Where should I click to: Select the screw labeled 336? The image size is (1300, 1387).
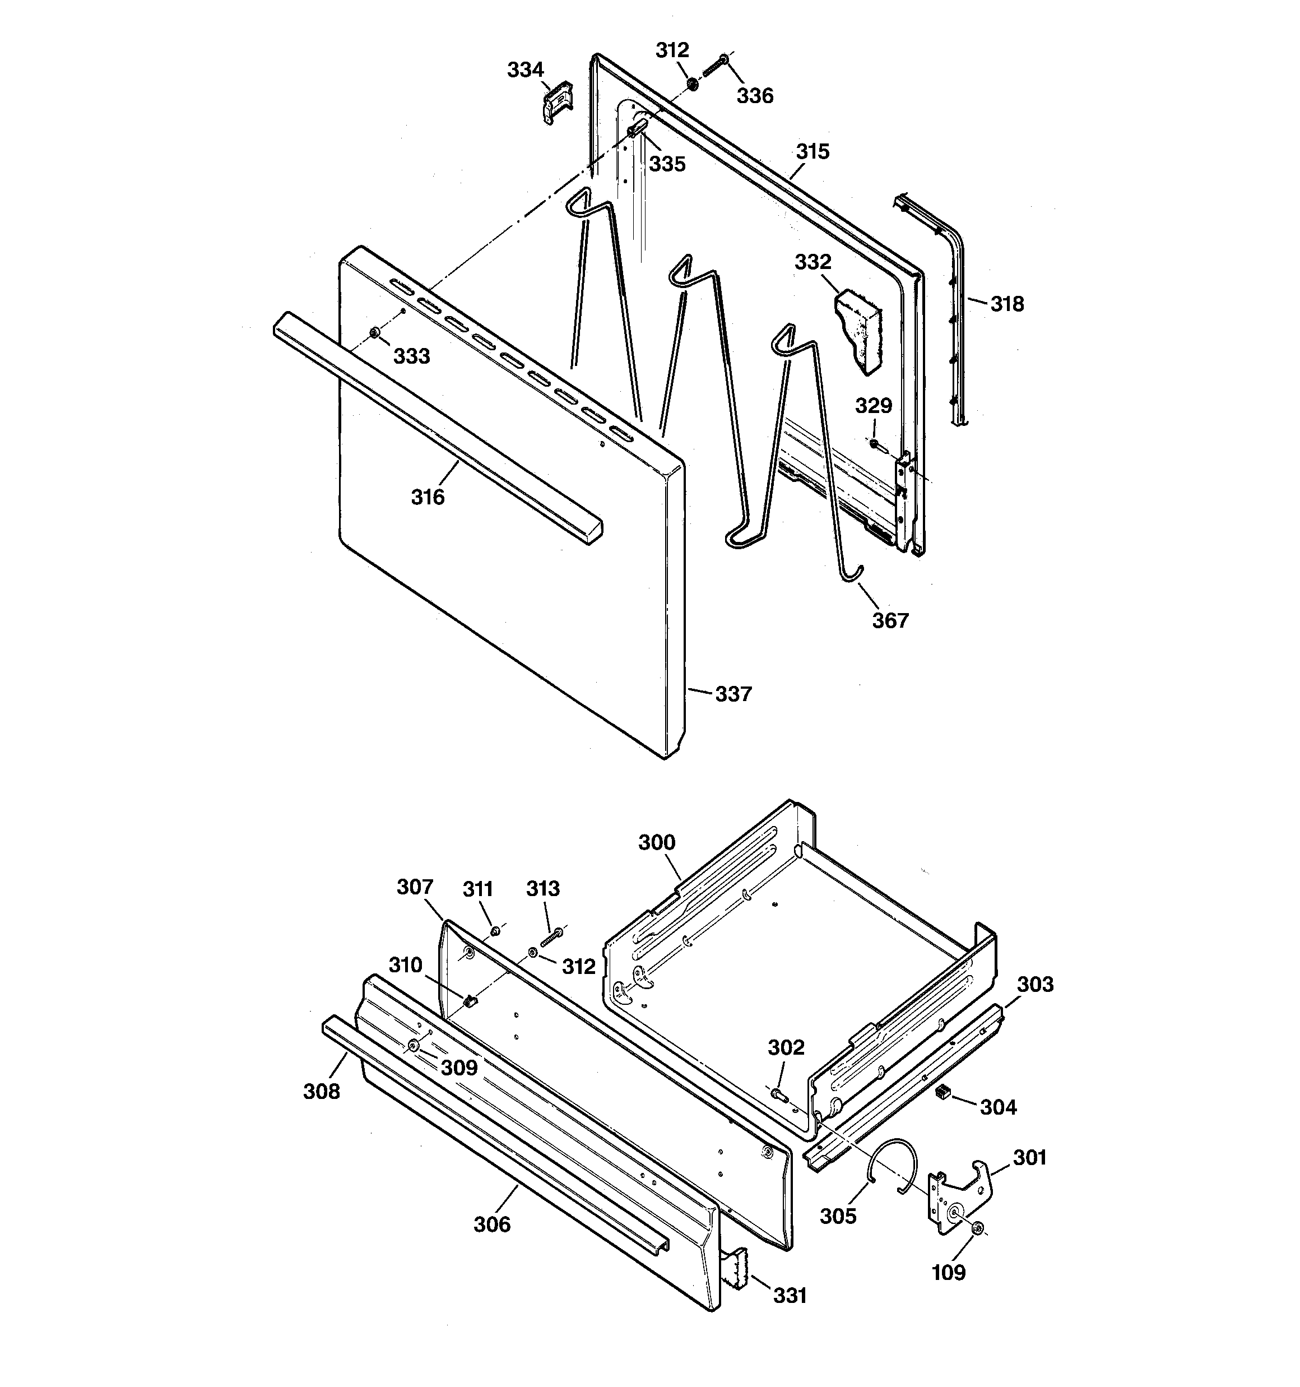714,68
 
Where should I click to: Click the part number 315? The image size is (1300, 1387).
812,151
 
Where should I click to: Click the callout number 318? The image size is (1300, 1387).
1007,304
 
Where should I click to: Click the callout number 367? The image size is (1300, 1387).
890,620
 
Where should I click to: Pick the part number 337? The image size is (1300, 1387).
733,694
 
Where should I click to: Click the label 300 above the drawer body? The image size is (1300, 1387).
657,842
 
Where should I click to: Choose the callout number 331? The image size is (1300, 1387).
789,1296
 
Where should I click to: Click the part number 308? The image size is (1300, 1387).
321,1091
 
